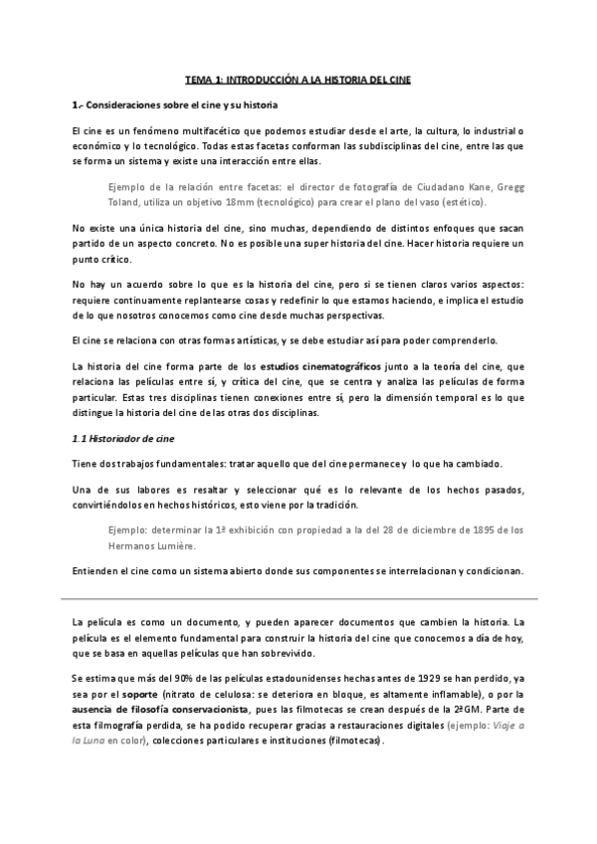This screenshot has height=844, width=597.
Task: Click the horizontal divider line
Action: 298,598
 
